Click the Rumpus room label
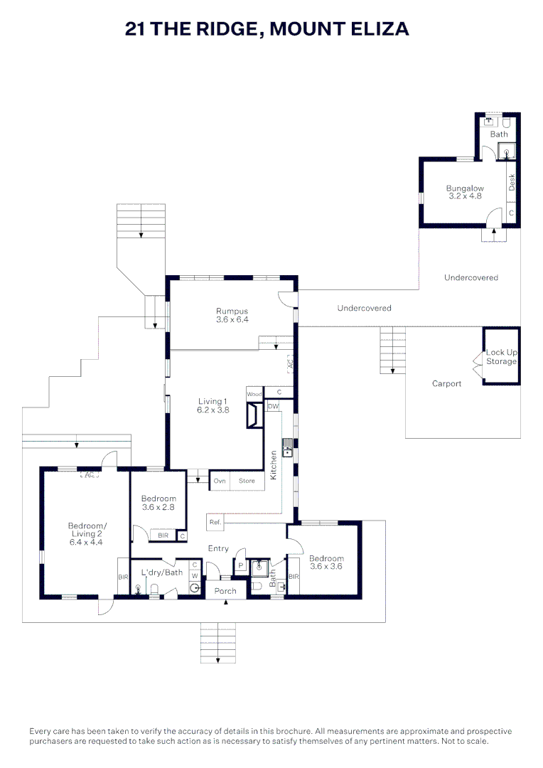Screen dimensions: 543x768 (x=232, y=311)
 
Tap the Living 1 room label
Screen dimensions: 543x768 (x=213, y=402)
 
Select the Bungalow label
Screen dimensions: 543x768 (x=465, y=188)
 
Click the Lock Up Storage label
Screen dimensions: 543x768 (x=501, y=356)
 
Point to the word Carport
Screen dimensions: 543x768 (x=446, y=383)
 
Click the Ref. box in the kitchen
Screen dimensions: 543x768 (x=215, y=522)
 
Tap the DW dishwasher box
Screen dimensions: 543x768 (x=273, y=406)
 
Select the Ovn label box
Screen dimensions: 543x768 (x=220, y=481)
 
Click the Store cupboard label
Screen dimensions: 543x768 (x=247, y=481)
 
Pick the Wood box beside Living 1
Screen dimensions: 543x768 (x=254, y=394)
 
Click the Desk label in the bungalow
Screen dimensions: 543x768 (x=512, y=182)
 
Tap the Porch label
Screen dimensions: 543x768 (x=225, y=591)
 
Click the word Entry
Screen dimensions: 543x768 (x=218, y=548)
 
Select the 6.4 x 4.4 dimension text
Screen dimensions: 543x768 (x=86, y=542)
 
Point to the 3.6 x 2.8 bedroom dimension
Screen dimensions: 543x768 (x=158, y=508)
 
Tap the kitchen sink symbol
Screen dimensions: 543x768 (x=288, y=451)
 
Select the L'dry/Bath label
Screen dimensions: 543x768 (x=161, y=572)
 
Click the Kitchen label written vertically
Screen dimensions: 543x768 (x=274, y=465)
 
